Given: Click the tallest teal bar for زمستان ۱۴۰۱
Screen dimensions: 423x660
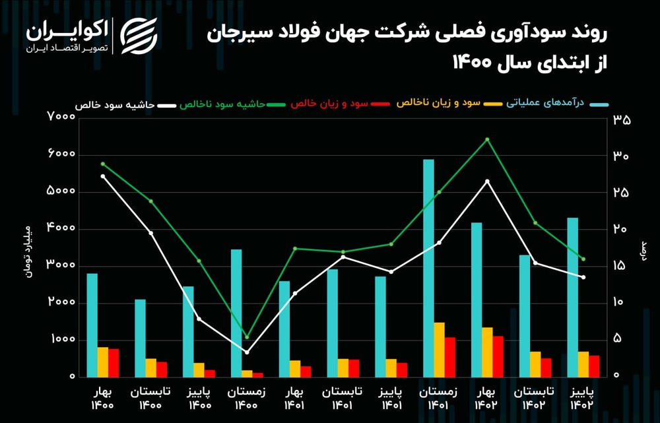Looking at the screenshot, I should click(429, 268).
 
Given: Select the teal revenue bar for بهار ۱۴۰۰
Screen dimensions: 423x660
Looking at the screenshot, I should click(92, 325).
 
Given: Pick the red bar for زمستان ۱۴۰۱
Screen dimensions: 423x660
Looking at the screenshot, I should click(450, 357).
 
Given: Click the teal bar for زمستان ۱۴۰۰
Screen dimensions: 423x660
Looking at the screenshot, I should click(236, 313).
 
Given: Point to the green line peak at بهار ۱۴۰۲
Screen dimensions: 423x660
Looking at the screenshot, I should click(487, 139).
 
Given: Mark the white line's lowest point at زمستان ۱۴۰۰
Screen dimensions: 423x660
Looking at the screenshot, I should click(247, 352).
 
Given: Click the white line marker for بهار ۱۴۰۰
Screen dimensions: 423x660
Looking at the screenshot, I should click(103, 176).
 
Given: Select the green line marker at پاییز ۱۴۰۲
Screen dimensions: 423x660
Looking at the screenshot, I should click(583, 259).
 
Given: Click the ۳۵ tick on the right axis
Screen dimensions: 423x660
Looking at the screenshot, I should click(622, 120).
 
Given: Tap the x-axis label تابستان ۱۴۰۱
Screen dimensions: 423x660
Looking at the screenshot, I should click(343, 397).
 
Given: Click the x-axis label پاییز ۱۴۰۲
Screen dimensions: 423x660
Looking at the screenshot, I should click(582, 397).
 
